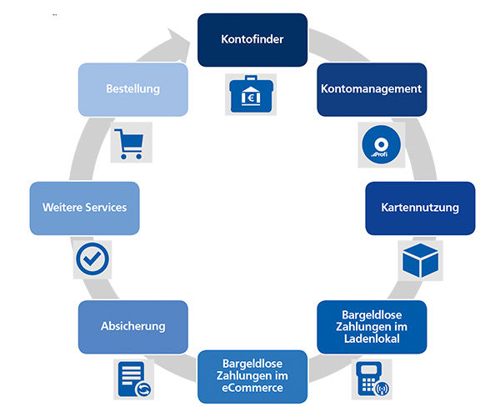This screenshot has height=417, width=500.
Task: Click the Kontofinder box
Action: click(x=252, y=40)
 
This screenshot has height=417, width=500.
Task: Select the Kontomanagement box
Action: click(x=372, y=89)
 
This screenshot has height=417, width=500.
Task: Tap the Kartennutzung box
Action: click(x=420, y=208)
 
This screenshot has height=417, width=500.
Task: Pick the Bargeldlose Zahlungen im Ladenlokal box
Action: click(x=372, y=327)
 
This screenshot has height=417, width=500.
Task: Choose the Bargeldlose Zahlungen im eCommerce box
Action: click(x=252, y=377)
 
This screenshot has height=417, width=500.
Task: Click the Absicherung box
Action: click(x=133, y=327)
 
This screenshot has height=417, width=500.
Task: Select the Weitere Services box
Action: click(x=84, y=208)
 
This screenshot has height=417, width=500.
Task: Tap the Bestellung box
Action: click(x=133, y=89)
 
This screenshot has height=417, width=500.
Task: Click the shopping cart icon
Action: click(x=130, y=143)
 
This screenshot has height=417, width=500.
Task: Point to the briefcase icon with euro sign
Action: click(x=251, y=94)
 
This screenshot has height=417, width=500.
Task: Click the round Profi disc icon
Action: click(x=381, y=144)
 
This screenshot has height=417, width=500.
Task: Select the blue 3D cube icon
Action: click(x=420, y=260)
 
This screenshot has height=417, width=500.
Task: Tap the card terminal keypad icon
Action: click(x=372, y=379)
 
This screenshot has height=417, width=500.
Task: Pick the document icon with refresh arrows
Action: click(x=134, y=379)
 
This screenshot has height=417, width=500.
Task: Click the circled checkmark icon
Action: click(x=92, y=259)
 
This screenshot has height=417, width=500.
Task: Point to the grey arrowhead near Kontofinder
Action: click(x=179, y=46)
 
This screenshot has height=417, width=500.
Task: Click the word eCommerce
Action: click(x=252, y=388)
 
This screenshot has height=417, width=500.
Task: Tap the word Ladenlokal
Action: click(x=372, y=339)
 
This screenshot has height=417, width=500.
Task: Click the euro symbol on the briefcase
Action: click(x=251, y=98)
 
